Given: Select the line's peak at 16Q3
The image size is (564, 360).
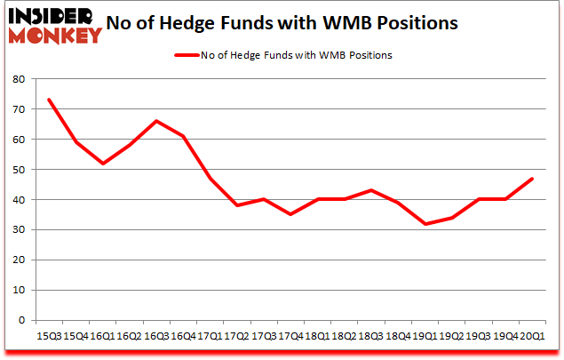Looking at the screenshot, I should (156, 121).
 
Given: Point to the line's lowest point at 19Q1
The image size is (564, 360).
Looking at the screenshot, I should (426, 223).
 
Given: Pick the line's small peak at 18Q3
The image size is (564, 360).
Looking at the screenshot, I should (372, 190).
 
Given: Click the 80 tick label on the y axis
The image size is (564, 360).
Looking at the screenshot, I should (18, 79).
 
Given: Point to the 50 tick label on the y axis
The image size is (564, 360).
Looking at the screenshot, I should (18, 170).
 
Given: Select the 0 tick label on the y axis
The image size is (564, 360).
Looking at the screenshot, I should (21, 320).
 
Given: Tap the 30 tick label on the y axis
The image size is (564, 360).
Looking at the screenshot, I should (18, 229).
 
